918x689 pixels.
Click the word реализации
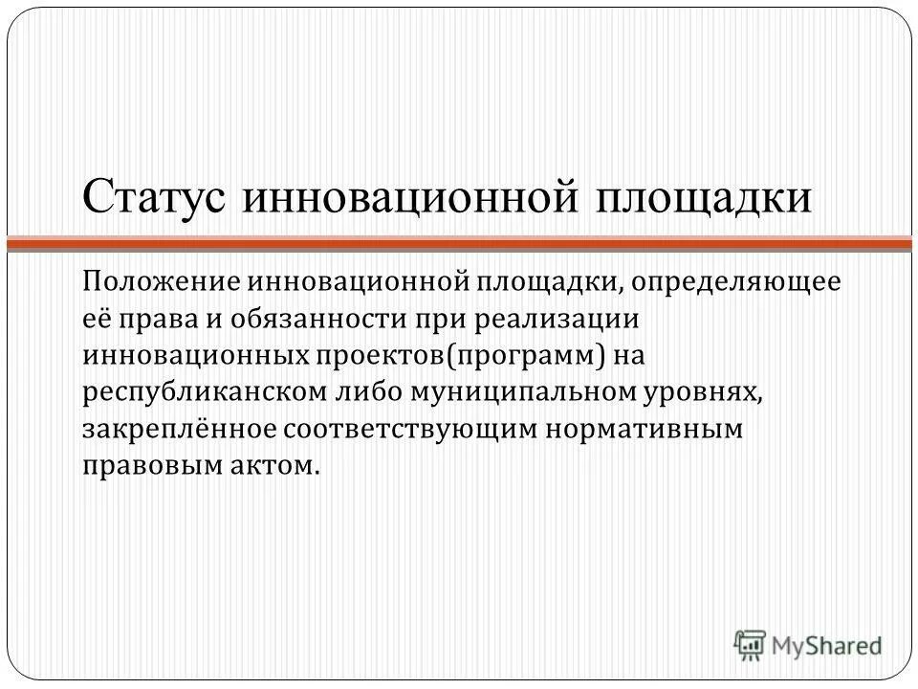[x=538, y=320]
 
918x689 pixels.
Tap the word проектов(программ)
[x=463, y=356]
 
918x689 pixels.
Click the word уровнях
[x=729, y=392]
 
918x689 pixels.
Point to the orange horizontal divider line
[x=459, y=245]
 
